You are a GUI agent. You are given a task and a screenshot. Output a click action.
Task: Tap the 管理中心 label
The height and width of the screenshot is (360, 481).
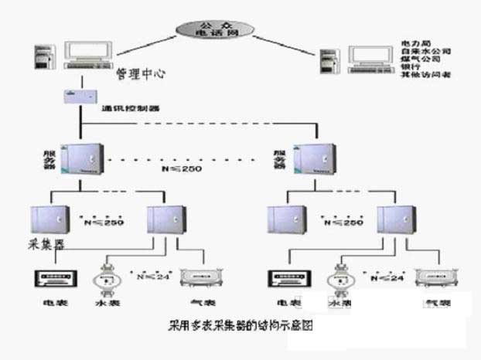point(140,75)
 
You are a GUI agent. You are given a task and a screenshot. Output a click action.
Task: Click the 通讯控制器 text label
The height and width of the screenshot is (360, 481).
point(131,109)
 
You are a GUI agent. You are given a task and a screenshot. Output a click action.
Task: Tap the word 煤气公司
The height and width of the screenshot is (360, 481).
point(419,59)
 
